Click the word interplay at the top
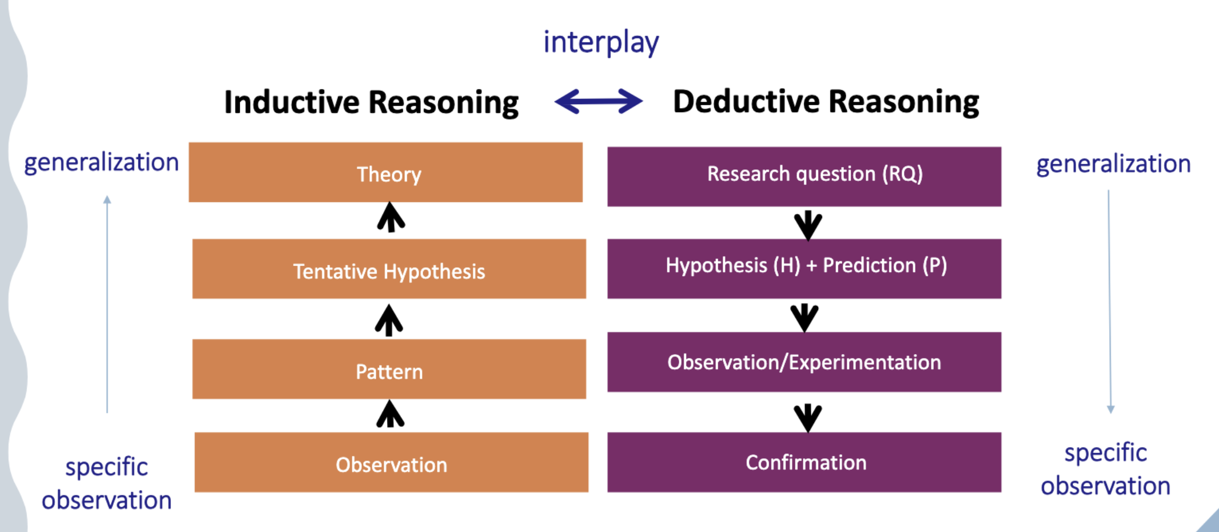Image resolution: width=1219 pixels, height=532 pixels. [x=601, y=43]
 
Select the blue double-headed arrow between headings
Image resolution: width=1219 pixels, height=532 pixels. [x=598, y=102]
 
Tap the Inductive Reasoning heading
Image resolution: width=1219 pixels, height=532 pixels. [x=371, y=103]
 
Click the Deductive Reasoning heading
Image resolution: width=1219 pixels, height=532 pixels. [x=826, y=102]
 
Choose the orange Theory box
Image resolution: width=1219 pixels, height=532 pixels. [x=386, y=172]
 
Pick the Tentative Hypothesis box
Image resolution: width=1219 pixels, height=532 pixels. [x=389, y=269]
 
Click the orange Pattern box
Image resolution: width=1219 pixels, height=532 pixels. [x=389, y=369]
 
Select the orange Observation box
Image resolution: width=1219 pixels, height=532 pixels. [x=391, y=462]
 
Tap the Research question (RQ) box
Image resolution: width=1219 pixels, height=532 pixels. [x=804, y=176]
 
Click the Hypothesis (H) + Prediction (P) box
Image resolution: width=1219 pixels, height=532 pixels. [x=804, y=268]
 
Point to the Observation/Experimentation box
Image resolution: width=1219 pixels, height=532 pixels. [x=804, y=362]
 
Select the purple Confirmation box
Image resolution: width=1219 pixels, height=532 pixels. [x=804, y=462]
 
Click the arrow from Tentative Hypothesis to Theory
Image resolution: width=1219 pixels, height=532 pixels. [x=391, y=217]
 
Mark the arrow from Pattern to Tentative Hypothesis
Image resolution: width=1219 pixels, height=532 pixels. [x=389, y=320]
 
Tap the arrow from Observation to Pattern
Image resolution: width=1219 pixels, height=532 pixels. [x=391, y=414]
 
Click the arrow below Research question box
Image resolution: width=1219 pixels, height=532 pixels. [x=808, y=225]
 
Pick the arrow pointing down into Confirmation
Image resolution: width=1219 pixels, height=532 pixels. [x=808, y=417]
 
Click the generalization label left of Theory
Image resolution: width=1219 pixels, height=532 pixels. [x=101, y=162]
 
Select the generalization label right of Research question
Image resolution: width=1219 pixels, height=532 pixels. [x=1113, y=164]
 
